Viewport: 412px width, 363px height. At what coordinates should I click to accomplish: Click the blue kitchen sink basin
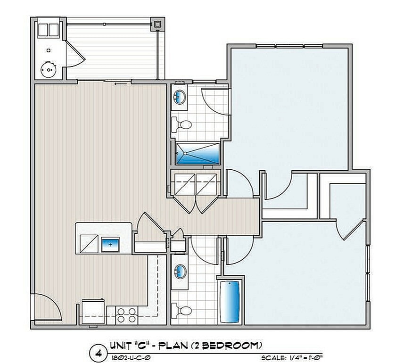(x=111, y=245)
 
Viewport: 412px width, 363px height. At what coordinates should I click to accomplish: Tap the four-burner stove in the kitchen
(x=126, y=315)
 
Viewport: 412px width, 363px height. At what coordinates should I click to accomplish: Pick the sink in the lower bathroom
(x=180, y=272)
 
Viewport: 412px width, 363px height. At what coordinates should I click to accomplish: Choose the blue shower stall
(x=198, y=154)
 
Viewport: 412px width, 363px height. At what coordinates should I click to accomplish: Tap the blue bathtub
(x=231, y=302)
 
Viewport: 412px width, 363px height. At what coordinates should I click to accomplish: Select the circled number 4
(x=99, y=352)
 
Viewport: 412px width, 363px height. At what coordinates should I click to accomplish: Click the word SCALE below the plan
(x=274, y=358)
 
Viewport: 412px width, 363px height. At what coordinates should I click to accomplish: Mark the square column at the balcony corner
(x=157, y=23)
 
